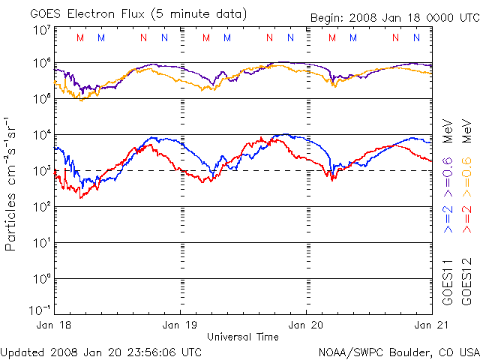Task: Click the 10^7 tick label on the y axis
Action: (x=41, y=30)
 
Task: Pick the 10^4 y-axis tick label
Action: (x=41, y=134)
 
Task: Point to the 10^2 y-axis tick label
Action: (x=41, y=206)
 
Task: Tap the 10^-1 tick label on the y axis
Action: (x=40, y=310)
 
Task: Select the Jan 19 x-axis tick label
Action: (x=180, y=325)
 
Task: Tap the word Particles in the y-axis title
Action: (x=12, y=217)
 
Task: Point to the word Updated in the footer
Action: (x=23, y=352)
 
